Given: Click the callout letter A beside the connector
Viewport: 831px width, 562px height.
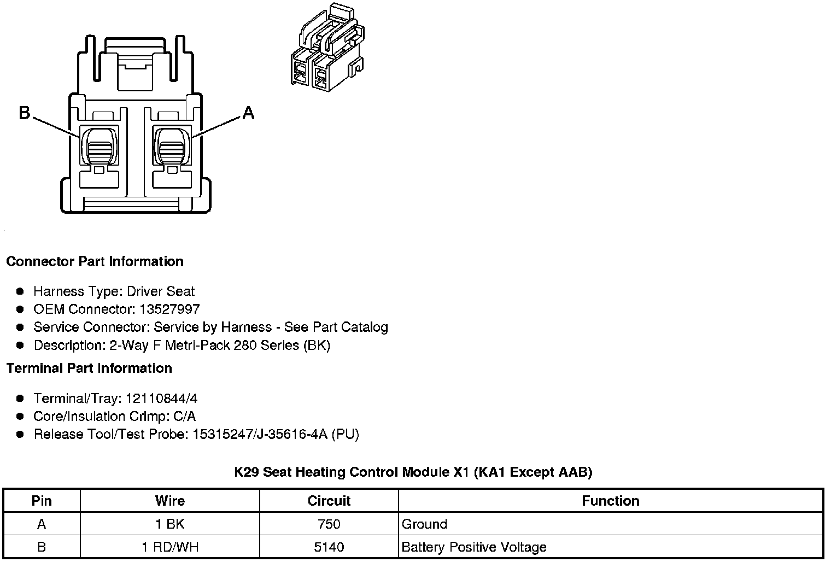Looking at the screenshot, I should pos(248,113).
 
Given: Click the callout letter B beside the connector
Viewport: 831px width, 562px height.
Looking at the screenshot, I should pos(25,113).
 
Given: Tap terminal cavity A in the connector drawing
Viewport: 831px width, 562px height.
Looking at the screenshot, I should pos(172,145).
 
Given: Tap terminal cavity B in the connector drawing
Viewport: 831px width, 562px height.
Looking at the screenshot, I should pos(99,145).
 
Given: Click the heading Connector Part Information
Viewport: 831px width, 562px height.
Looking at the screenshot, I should pos(95,261).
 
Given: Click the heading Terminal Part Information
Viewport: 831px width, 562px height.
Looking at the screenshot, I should pos(89,368).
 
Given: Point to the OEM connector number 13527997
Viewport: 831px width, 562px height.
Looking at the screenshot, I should pos(169,309).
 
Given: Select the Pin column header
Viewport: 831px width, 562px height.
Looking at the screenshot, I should pos(42,501).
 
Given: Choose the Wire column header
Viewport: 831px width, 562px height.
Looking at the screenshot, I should pos(170,501).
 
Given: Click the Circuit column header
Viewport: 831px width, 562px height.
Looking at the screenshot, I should pos(329,501).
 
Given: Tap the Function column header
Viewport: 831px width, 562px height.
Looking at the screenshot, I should pos(611,501).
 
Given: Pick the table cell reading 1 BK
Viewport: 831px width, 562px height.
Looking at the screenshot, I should pos(170,524).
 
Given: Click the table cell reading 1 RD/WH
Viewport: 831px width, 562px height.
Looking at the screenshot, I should pos(170,547).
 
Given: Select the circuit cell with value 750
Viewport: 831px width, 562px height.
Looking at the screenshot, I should pos(329,524).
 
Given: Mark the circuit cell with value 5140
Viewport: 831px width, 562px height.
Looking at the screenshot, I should pos(329,547).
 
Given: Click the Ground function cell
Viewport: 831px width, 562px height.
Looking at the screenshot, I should pos(425,524).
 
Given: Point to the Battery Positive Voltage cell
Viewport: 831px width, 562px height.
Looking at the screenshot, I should pos(474,547).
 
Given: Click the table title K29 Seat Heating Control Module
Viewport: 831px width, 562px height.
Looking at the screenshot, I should pos(413,472).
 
